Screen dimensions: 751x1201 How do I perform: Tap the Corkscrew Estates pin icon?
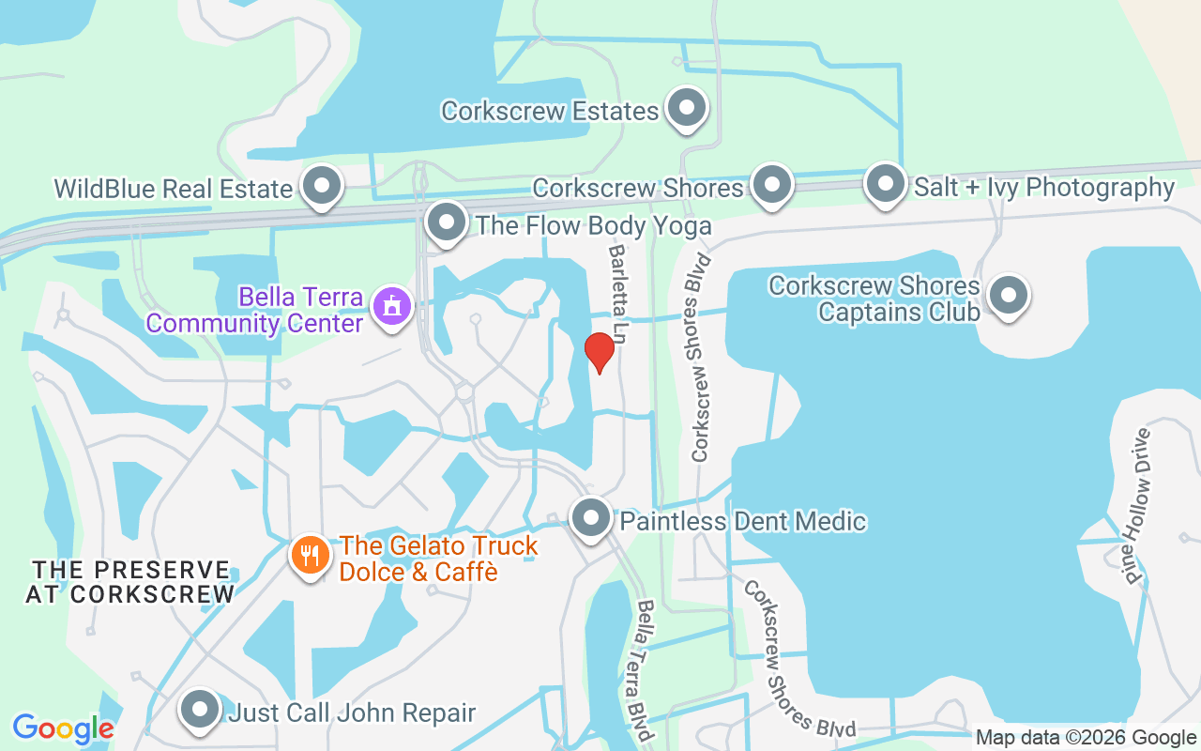pos(687,108)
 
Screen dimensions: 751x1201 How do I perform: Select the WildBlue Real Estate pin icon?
pos(322,186)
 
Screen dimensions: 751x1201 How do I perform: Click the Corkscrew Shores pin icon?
pos(772,185)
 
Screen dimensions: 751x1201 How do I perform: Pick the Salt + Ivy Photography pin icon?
pos(884,184)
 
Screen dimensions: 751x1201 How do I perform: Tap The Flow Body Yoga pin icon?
pos(446,223)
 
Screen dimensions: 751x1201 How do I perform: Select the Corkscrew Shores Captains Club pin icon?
pos(1009,297)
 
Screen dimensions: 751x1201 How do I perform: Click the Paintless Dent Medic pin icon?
pos(591,518)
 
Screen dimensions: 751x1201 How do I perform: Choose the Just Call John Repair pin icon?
pos(200,711)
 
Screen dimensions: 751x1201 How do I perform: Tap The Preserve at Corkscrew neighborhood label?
pos(130,582)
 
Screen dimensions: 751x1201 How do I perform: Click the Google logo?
pos(63,728)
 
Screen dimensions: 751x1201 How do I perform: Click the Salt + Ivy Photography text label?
pos(1044,187)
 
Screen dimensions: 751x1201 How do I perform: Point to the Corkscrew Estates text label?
pos(550,111)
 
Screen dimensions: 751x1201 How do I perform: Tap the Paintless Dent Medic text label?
pos(743,521)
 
